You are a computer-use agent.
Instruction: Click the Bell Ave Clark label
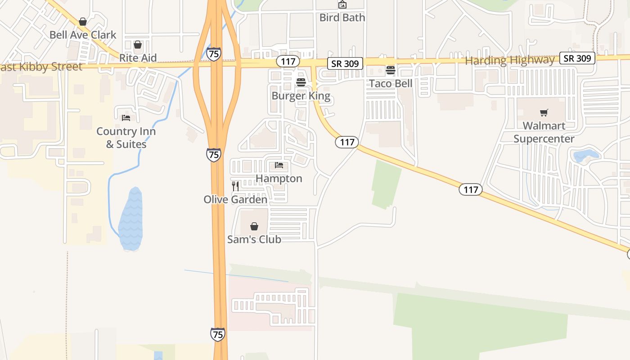click(83, 35)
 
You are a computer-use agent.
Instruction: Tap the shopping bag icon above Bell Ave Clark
click(83, 22)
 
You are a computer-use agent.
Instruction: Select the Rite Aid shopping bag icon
click(138, 45)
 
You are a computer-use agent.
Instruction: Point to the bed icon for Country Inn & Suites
click(126, 118)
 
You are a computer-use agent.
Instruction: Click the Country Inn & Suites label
click(126, 138)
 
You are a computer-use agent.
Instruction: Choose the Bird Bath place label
click(342, 18)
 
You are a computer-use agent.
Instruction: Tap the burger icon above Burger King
click(301, 82)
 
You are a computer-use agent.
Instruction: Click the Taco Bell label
click(391, 84)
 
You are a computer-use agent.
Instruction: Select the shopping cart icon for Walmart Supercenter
click(544, 112)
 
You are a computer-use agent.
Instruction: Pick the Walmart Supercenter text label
click(544, 132)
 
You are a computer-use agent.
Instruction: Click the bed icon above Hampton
click(279, 166)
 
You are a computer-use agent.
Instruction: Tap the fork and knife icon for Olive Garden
click(235, 186)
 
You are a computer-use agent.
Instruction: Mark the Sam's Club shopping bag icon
click(254, 226)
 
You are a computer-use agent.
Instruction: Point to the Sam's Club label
click(254, 239)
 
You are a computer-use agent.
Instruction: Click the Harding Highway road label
click(510, 60)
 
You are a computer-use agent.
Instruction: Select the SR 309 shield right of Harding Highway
click(577, 58)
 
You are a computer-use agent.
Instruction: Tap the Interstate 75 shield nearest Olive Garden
click(214, 155)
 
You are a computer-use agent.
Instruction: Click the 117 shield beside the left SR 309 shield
click(288, 61)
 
